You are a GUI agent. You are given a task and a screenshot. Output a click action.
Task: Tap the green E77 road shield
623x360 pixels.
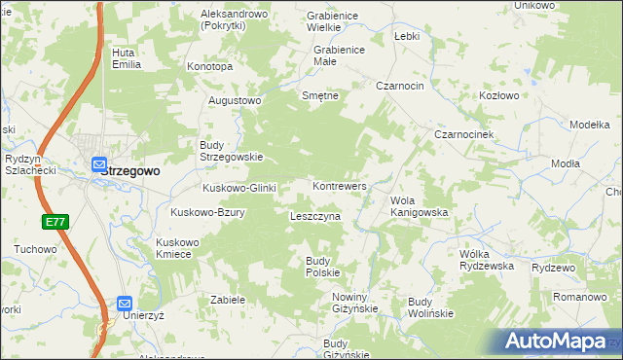click(x=55, y=223)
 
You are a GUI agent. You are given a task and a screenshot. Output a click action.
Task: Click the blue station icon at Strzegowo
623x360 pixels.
click(x=98, y=164)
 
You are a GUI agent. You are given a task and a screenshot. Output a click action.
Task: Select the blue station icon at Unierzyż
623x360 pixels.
click(x=124, y=304)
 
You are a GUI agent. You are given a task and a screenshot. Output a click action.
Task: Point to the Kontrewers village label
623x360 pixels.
click(x=339, y=185)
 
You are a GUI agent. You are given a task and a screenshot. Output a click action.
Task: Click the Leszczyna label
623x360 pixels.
click(x=314, y=216)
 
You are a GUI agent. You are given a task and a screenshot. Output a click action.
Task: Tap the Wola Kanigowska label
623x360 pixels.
click(x=419, y=206)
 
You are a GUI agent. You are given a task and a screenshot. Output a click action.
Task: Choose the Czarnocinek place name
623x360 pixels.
click(x=466, y=134)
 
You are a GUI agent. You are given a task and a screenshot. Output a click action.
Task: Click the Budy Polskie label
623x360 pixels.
click(x=322, y=267)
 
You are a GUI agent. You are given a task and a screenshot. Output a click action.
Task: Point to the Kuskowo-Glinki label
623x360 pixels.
click(x=239, y=188)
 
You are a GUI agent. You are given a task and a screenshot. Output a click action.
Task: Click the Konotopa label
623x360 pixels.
click(x=210, y=66)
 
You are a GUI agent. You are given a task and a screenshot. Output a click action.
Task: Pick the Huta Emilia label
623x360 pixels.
click(x=127, y=58)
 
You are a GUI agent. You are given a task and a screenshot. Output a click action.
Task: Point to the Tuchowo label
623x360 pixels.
click(x=35, y=249)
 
